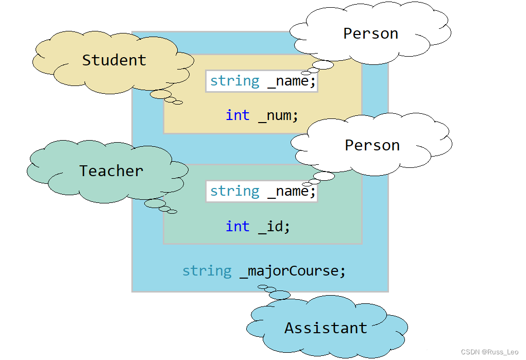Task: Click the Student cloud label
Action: pos(114,60)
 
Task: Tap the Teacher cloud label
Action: pos(111,171)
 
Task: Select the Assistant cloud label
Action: pos(326,328)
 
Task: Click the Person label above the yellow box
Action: pos(370,34)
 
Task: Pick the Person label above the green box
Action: pos(372,146)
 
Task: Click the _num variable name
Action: pos(278,115)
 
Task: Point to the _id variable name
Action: pos(274,226)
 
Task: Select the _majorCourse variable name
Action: pos(293,271)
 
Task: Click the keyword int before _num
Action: pos(237,115)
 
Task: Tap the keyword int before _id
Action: pos(237,226)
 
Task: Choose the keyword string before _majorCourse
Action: pos(207,271)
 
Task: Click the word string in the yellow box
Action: pos(235,81)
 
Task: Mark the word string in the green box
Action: pos(235,191)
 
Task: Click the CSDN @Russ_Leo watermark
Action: pos(489,352)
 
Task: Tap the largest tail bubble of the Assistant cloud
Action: pos(280,295)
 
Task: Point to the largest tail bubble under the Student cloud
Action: pos(161,94)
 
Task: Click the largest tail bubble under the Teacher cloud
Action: pos(155,203)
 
